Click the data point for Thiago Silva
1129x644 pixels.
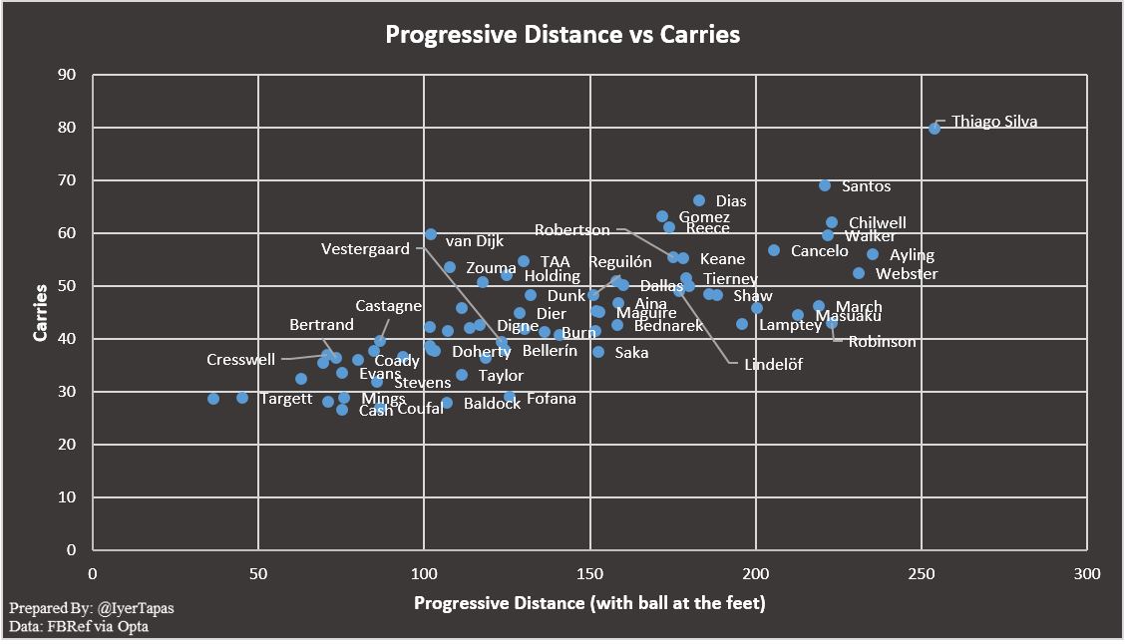[x=935, y=128]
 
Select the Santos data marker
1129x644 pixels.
[x=825, y=185]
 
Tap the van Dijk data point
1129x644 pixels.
[x=430, y=234]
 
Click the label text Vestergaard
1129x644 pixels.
[x=365, y=249]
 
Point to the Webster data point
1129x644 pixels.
[x=859, y=273]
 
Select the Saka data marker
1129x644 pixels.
[x=598, y=352]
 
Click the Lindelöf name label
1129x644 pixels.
[x=773, y=365]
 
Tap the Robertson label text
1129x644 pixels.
[x=571, y=230]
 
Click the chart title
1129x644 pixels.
[x=563, y=35]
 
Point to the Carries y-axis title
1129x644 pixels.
[x=41, y=312]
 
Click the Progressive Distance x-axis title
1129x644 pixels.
[x=589, y=603]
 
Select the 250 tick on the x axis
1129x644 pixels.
[x=921, y=573]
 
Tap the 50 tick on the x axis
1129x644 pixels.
[x=258, y=573]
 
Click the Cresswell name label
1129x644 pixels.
[x=240, y=360]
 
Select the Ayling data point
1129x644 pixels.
[x=873, y=254]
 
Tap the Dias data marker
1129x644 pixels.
[x=699, y=201]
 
